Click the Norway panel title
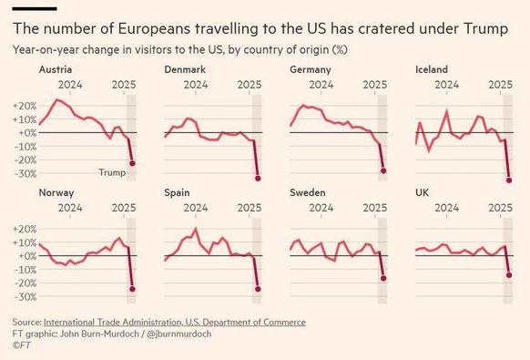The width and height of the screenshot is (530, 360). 56,193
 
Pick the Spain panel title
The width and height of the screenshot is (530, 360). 178,193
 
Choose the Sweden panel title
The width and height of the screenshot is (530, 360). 308,193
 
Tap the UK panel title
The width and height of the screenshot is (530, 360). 423,193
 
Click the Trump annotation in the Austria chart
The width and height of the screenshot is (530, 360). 111,172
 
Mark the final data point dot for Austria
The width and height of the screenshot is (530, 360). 133,163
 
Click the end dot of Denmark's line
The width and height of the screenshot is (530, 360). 258,178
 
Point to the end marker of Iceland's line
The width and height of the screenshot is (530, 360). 508,180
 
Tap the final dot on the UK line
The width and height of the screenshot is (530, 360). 508,274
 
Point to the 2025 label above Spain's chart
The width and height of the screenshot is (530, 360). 248,207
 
